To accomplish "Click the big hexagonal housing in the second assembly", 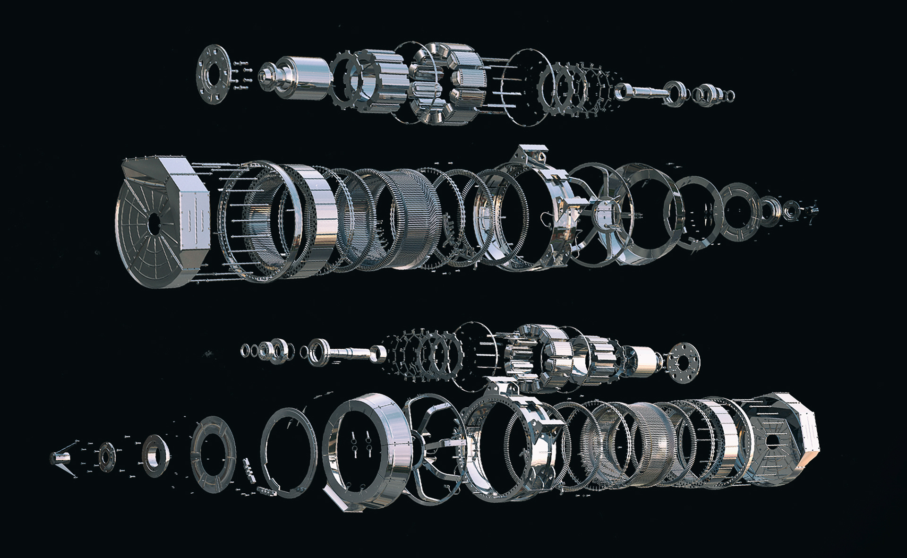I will coord(163,222).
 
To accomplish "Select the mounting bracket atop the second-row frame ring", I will coord(531,156).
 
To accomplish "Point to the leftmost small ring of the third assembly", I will coord(246,350).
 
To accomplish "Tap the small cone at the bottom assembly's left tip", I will coord(59,457).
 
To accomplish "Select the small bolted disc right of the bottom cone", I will coord(106,454).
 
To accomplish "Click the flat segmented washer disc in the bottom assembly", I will coord(213,456).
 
